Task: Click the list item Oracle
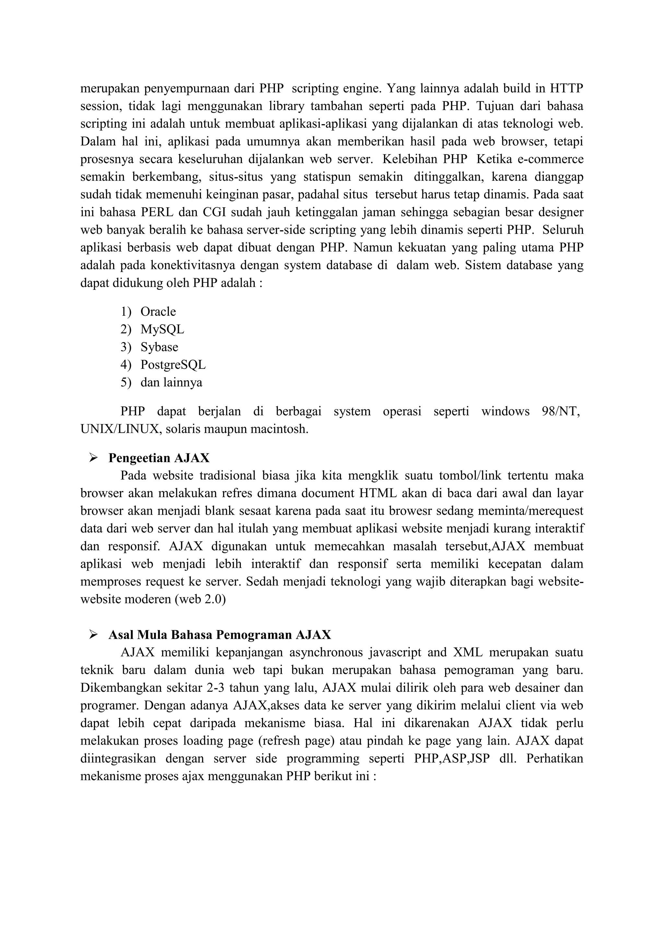click(x=158, y=312)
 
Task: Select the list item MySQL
click(x=162, y=329)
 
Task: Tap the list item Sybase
click(x=159, y=347)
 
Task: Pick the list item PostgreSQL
click(x=173, y=365)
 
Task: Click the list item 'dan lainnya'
click(x=171, y=383)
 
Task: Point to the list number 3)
click(x=125, y=347)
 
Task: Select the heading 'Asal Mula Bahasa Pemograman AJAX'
click(x=219, y=635)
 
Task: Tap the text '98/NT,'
click(x=561, y=411)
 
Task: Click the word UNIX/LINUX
click(x=119, y=429)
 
